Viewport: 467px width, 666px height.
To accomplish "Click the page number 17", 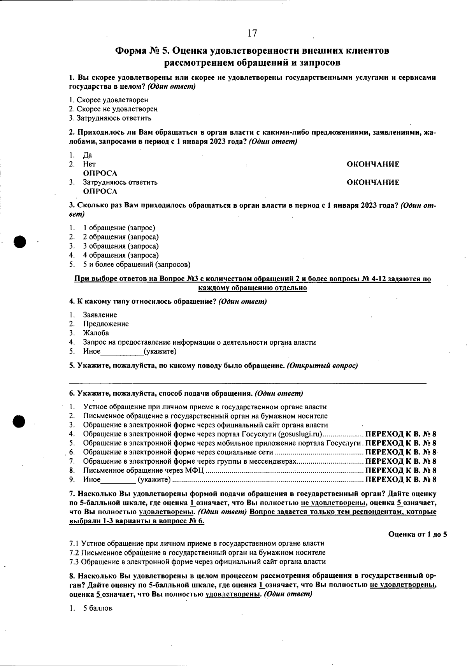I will tap(252, 33).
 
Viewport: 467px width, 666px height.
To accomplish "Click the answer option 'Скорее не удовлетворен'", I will tap(117, 109).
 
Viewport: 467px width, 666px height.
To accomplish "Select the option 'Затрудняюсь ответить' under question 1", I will tap(114, 118).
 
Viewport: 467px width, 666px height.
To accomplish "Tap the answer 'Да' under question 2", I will tap(88, 155).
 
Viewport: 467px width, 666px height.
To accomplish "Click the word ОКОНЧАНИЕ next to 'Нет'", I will tap(373, 165).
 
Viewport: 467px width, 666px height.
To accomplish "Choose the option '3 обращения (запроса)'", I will tap(121, 246).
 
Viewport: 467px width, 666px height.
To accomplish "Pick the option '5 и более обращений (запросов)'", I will tap(137, 265).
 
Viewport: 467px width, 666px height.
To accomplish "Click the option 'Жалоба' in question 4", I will tap(96, 333).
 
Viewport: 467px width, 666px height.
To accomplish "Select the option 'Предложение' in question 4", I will tap(105, 324).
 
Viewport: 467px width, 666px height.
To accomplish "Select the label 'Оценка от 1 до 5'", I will tap(418, 535).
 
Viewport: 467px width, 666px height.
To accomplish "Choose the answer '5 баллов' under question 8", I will tap(97, 608).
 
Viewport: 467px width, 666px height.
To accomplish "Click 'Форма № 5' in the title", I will tap(142, 51).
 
